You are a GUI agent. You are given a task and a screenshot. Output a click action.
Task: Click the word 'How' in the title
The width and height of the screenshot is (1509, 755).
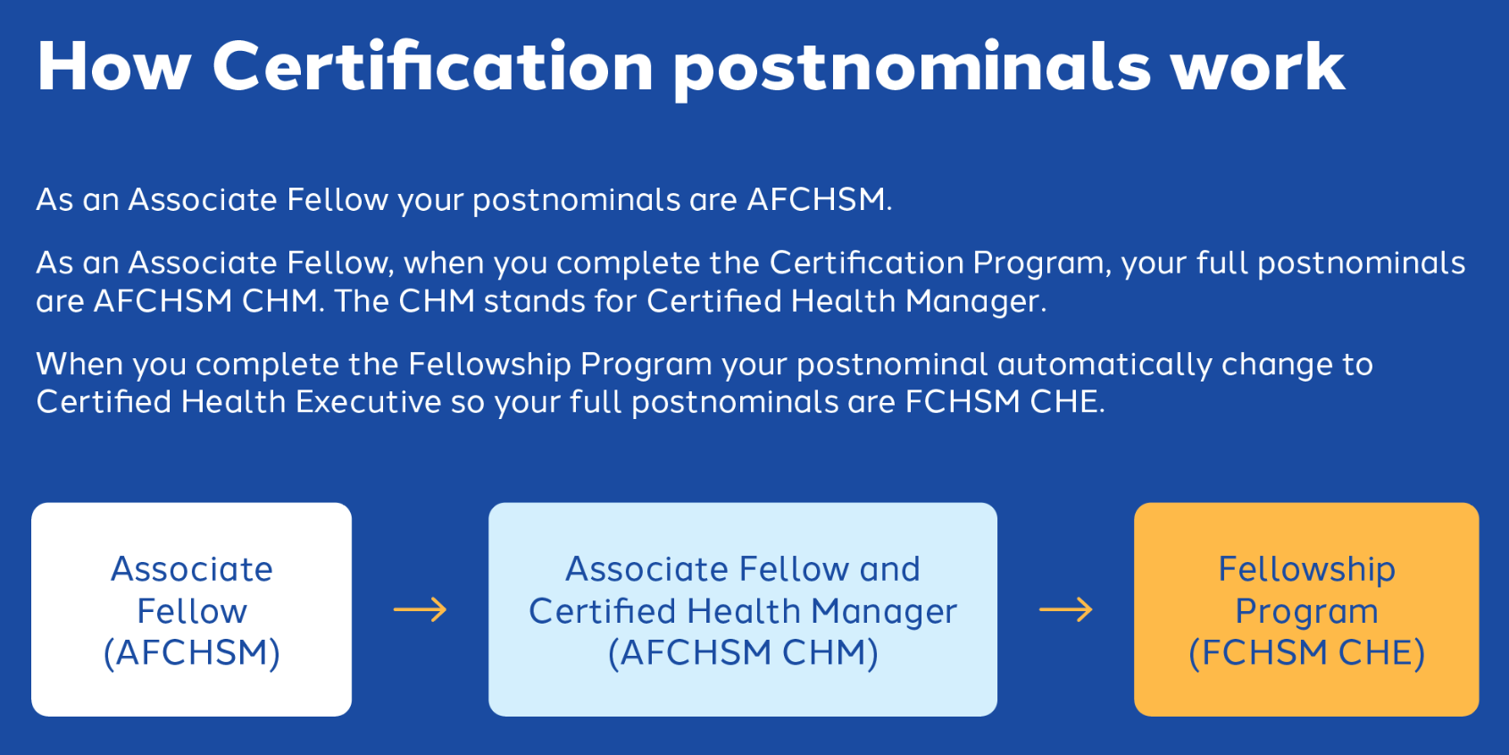point(114,66)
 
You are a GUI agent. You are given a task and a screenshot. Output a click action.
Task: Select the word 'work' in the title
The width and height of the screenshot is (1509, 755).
point(1257,66)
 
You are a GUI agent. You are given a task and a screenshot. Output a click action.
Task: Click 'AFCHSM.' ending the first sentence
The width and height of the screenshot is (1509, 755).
point(819,199)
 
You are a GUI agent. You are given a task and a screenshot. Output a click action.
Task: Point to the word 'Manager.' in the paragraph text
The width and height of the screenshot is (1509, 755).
point(975,300)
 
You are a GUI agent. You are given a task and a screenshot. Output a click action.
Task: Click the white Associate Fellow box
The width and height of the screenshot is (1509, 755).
point(191,609)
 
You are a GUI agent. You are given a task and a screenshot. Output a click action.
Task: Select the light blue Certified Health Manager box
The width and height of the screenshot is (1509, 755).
point(742,609)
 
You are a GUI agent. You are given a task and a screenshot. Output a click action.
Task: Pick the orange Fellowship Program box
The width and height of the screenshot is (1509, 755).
point(1306,609)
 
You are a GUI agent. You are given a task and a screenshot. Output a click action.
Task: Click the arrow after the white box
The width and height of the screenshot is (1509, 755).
point(420,609)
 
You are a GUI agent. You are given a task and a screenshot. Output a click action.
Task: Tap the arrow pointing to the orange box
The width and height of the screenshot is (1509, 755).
point(1065,609)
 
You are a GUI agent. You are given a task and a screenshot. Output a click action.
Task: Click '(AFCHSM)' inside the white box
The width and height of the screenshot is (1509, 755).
point(191,652)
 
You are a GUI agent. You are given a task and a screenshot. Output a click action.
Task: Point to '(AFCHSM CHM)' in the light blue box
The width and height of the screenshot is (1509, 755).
point(743,652)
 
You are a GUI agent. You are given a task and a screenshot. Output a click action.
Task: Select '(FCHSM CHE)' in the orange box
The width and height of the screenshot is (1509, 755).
point(1306,652)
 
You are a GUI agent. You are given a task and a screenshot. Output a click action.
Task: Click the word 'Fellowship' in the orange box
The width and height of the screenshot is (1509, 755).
point(1306,570)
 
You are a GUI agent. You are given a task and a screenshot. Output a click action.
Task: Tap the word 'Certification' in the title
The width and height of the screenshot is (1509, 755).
point(432,66)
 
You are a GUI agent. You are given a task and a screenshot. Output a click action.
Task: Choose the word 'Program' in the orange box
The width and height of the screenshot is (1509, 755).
point(1306,612)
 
